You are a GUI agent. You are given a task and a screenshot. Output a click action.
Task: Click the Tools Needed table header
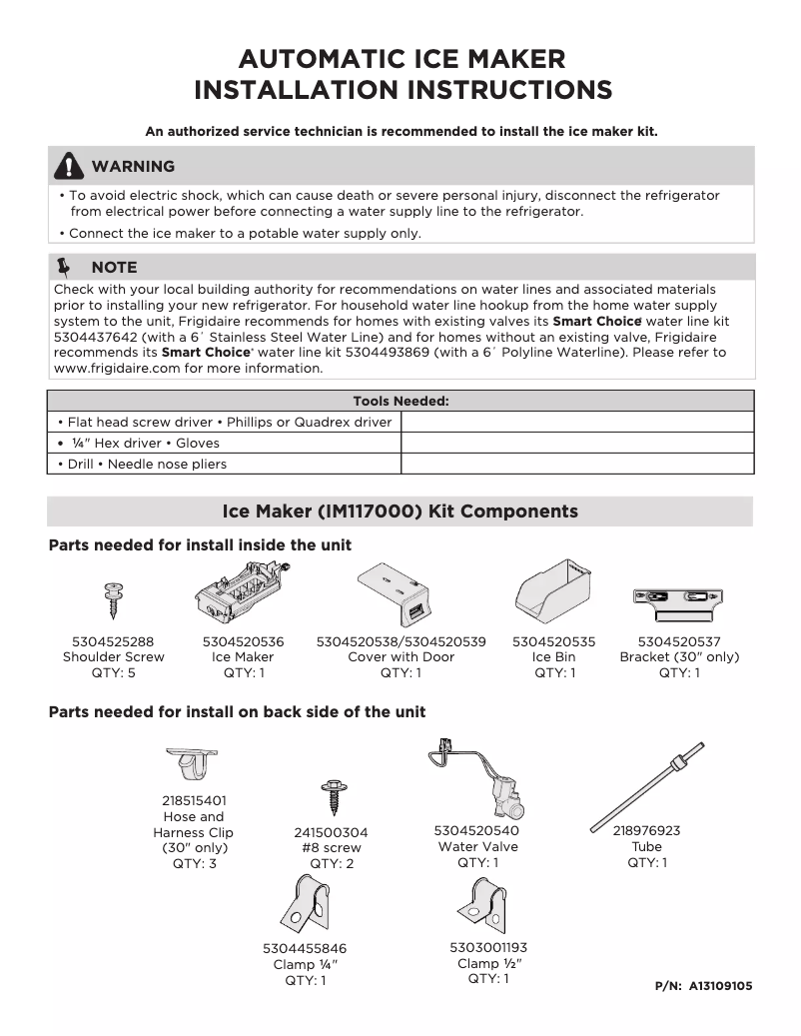(400, 401)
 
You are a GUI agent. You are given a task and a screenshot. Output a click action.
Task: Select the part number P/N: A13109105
(703, 986)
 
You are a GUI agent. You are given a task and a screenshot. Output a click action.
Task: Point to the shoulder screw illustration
(113, 600)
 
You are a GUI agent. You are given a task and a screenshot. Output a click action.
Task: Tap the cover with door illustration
(399, 596)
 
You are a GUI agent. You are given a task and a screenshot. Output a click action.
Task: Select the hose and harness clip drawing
(193, 765)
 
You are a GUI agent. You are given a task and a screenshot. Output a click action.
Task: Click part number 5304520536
(243, 641)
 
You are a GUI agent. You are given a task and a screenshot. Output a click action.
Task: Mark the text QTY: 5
(113, 672)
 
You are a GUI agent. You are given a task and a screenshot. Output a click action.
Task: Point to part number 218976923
(646, 830)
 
